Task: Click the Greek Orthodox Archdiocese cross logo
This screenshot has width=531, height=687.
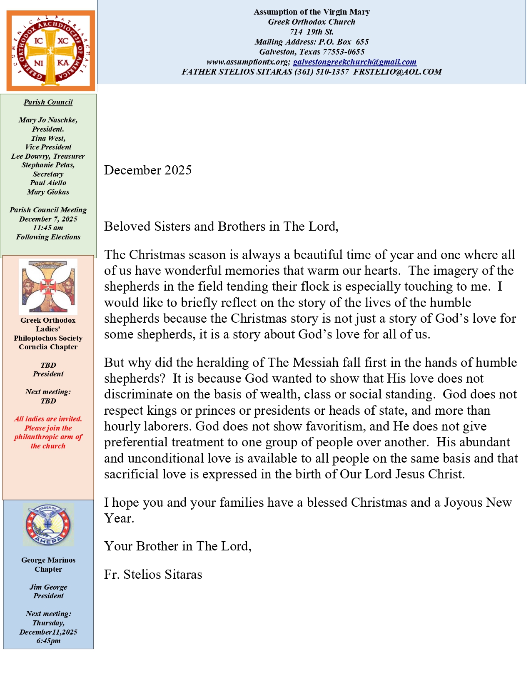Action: (50, 51)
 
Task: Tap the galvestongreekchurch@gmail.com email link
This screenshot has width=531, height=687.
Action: (354, 62)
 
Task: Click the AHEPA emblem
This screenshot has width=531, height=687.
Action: (48, 525)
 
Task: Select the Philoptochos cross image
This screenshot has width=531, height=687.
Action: (48, 286)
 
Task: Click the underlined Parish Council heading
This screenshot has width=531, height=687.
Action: (48, 102)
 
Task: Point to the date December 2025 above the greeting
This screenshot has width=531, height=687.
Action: (148, 170)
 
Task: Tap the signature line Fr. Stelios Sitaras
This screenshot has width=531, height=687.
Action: (153, 575)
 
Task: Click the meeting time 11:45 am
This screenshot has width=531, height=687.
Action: (48, 228)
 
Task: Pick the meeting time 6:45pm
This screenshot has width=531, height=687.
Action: (48, 641)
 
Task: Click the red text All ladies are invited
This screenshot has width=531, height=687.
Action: (48, 419)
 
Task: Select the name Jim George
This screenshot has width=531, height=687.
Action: (48, 587)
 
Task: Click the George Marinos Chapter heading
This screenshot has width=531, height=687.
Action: (48, 565)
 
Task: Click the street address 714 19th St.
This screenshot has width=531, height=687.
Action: (312, 32)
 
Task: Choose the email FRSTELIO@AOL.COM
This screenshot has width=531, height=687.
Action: (398, 72)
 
